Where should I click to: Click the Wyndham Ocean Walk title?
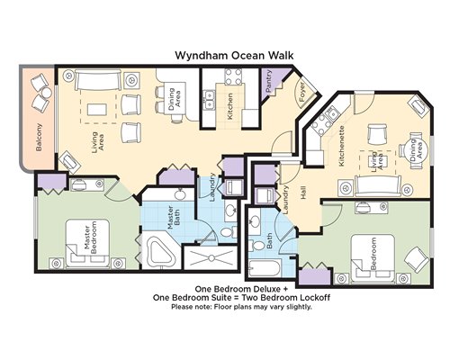pos(234,56)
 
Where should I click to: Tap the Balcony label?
pos(39,137)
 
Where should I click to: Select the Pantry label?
pos(269,81)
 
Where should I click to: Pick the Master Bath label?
pos(173,217)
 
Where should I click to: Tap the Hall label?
pos(303,193)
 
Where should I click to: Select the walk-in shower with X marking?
pos(211,257)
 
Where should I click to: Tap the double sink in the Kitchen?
pos(209,100)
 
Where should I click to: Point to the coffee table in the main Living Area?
pos(96,109)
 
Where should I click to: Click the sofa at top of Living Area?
pos(98,80)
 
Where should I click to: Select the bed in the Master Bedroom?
pos(87,243)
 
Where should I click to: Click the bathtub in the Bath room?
pos(265,269)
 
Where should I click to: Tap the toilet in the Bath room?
pos(257,246)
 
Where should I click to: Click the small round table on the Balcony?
pos(47,93)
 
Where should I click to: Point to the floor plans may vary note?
pos(241,307)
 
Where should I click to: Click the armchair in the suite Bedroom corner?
pos(417,260)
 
